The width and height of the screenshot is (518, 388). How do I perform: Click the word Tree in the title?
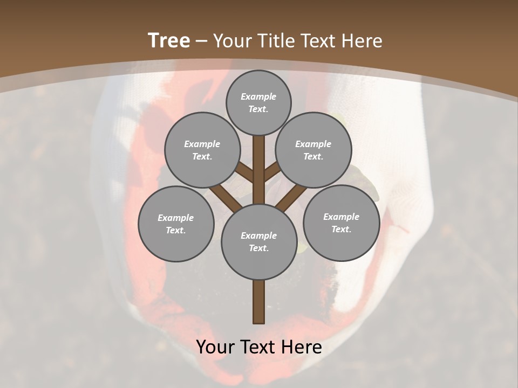tap(169, 40)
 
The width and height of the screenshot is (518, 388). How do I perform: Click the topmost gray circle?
tap(258, 102)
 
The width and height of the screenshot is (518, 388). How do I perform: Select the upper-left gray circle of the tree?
tap(202, 150)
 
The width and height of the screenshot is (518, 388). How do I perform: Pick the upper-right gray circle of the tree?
tap(313, 150)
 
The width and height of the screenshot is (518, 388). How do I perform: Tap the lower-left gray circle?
tap(176, 224)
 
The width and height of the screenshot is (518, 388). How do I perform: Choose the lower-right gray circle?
tap(341, 223)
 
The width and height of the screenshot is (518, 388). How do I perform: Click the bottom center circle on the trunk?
tap(258, 241)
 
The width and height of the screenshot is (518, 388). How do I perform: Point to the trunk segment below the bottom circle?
tap(258, 302)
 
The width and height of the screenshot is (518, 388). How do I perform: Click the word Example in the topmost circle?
tap(258, 96)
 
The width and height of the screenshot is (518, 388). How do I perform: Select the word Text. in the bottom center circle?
tap(258, 248)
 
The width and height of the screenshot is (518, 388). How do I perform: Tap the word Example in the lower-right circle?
tap(341, 217)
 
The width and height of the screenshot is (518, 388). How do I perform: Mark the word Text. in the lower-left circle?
tap(176, 230)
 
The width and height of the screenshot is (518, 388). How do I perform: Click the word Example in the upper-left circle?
tap(202, 144)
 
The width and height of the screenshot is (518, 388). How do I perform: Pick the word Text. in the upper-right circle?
tap(313, 156)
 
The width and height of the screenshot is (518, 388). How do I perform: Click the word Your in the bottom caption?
tap(215, 347)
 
